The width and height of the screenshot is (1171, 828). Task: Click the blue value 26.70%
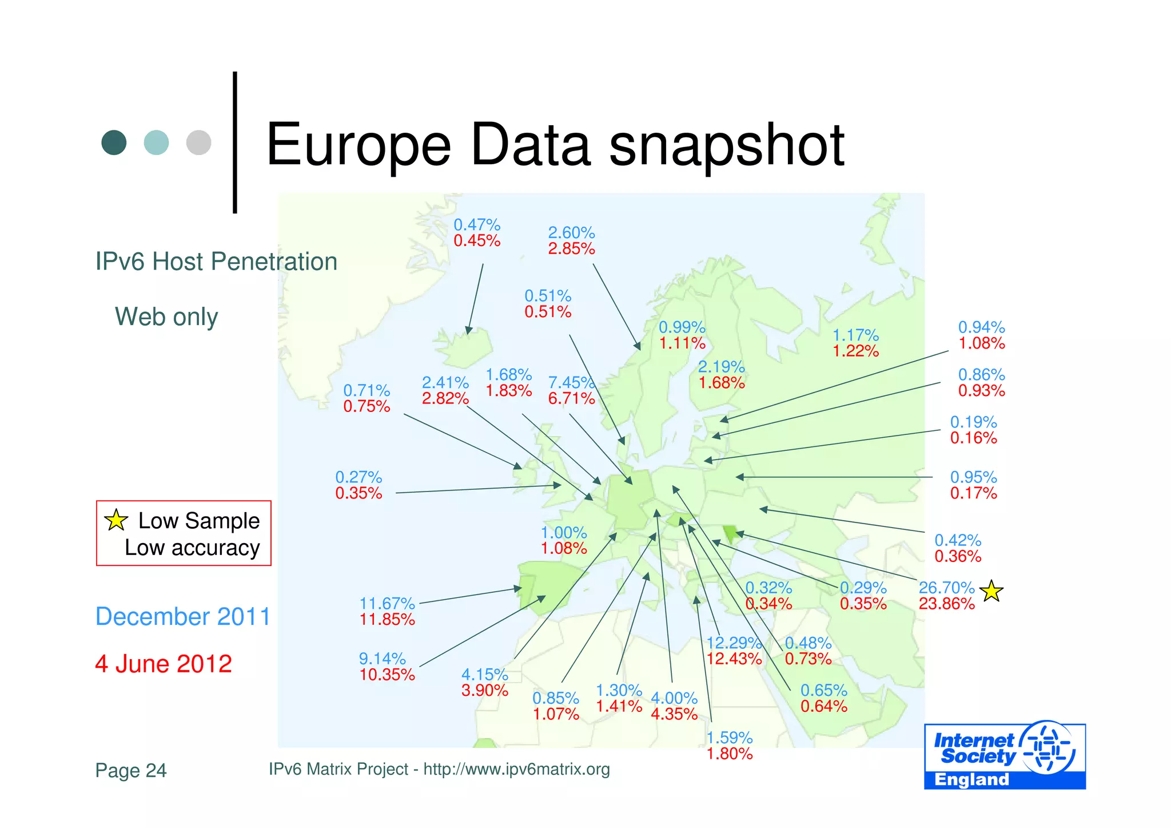click(946, 588)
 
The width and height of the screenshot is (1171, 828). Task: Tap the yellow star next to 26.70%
click(991, 591)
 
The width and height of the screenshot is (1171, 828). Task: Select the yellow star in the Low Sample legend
click(116, 520)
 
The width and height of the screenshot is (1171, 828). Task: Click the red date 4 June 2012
click(164, 664)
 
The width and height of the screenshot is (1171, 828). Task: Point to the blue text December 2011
click(182, 617)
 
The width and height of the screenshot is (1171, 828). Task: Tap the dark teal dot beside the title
click(114, 142)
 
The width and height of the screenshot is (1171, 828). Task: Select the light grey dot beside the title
click(198, 142)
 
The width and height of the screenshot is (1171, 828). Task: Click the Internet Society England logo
click(1005, 756)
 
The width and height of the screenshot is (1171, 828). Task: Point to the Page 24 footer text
click(131, 770)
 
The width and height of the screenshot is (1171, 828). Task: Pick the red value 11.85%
click(387, 620)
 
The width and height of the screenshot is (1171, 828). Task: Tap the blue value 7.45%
click(571, 382)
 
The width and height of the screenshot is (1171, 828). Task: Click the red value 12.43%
click(734, 659)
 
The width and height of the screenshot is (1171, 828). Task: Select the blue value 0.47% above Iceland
click(477, 225)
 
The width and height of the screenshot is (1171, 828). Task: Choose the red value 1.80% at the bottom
click(730, 754)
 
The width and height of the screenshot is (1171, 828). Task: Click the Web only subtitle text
click(166, 316)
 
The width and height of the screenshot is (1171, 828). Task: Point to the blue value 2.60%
click(571, 233)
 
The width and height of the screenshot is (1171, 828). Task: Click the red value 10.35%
click(387, 675)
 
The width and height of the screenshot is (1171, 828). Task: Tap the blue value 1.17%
click(855, 335)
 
